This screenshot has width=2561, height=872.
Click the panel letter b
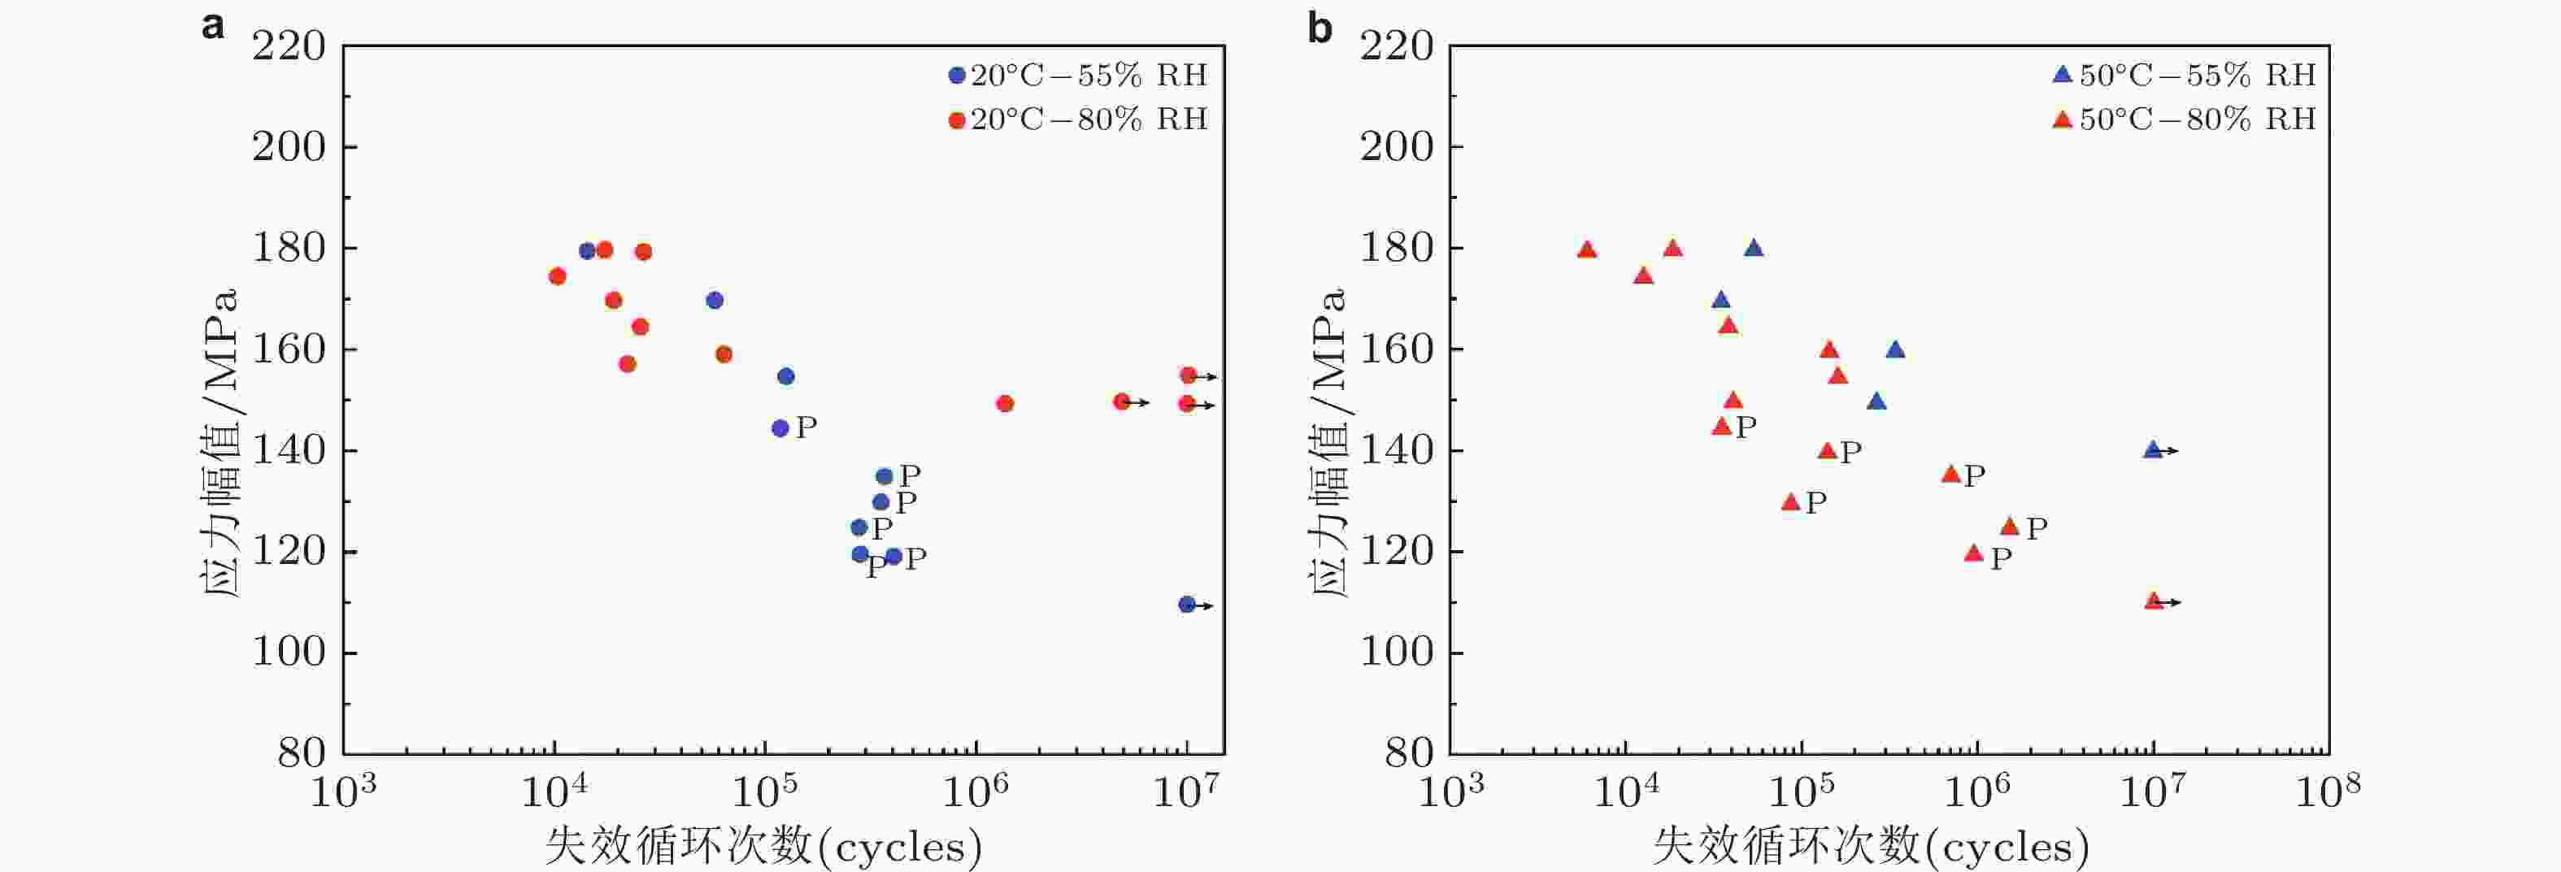point(1320,28)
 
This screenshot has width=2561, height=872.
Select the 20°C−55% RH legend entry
point(1078,76)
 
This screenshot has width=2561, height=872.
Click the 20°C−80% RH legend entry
point(1078,120)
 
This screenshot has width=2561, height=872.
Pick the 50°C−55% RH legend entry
point(2185,76)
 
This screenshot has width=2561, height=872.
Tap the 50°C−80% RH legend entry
point(2185,120)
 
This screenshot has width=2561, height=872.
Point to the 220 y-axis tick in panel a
point(289,47)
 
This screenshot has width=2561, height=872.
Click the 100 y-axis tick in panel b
point(1396,653)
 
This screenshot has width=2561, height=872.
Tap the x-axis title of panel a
point(763,847)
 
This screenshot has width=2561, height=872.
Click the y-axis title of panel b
point(1327,442)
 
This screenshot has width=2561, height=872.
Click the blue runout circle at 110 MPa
point(1186,605)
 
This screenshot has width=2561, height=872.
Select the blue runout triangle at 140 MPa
point(2152,450)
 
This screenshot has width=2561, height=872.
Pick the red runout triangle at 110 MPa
point(2154,601)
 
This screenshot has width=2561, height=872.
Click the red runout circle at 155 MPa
point(1187,375)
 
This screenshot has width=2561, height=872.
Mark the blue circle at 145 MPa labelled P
point(780,428)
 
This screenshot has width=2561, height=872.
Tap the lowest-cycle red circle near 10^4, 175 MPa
point(557,276)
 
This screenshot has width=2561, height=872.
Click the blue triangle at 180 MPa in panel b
point(1754,249)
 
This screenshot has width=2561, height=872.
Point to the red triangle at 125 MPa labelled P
point(2009,526)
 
